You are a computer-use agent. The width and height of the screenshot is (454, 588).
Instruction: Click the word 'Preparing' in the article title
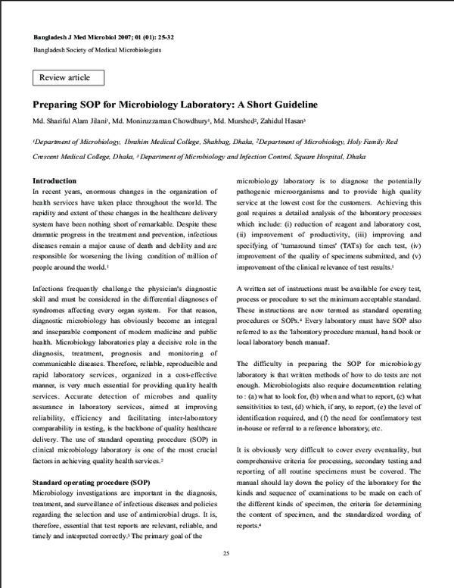point(55,104)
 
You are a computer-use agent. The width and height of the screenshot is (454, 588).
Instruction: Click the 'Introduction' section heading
point(54,181)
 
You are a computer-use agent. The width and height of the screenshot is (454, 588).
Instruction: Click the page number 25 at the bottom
point(226,555)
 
